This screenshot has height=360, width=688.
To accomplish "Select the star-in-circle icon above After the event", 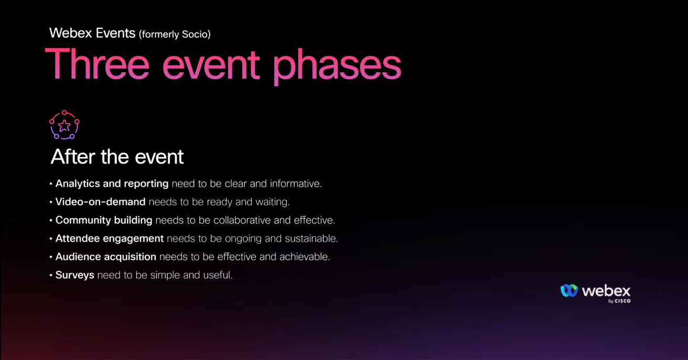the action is point(64,125).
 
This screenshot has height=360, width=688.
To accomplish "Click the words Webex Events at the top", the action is point(92,33).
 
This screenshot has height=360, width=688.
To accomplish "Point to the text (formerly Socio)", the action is point(175,34).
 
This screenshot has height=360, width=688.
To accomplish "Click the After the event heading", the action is point(117,157).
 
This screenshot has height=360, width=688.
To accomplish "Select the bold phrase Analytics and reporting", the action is point(112,183).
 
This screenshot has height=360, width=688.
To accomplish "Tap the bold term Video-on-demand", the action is point(100,202).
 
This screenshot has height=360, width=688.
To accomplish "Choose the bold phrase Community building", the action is point(104,220).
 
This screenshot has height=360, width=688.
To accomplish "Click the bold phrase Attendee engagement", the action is point(110,238).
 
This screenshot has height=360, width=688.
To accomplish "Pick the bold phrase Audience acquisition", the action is point(105,257).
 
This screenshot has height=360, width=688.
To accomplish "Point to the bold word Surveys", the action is point(74,275).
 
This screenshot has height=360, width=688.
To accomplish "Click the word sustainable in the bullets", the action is point(311,238).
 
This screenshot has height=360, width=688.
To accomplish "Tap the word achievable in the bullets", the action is point(304,257).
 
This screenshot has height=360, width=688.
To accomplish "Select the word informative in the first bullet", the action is point(295,183).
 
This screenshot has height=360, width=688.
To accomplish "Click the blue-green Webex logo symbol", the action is point(569,291).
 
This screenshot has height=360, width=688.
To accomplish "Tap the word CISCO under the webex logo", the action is point(622,301).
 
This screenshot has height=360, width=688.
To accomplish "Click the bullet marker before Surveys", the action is point(51,275).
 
